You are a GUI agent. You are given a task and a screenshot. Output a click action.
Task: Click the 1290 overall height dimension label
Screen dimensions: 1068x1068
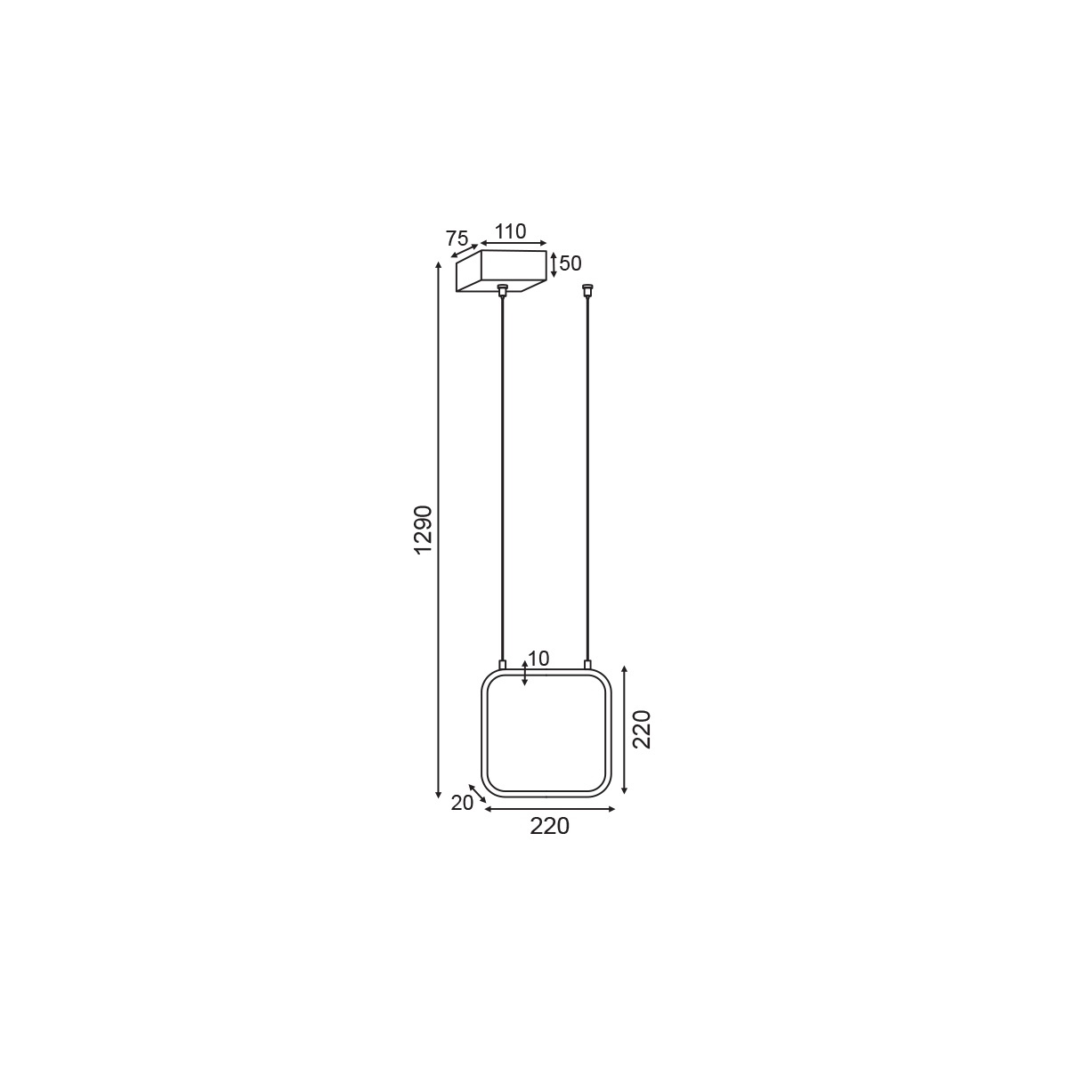tap(423, 530)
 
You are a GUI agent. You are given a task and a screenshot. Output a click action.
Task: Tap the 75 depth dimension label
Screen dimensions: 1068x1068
tap(457, 239)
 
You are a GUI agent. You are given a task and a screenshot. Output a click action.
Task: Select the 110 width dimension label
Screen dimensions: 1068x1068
tap(511, 231)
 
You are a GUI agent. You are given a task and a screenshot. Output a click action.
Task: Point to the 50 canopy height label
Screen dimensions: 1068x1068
tap(570, 263)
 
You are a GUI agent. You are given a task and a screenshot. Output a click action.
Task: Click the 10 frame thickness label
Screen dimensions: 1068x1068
tap(538, 659)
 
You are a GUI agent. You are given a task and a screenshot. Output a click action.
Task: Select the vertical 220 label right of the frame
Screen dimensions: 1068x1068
tap(642, 730)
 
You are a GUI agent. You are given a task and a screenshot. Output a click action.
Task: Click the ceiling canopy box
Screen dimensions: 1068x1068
tap(501, 271)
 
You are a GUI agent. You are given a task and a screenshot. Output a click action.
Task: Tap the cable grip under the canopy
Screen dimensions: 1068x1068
tap(503, 290)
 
